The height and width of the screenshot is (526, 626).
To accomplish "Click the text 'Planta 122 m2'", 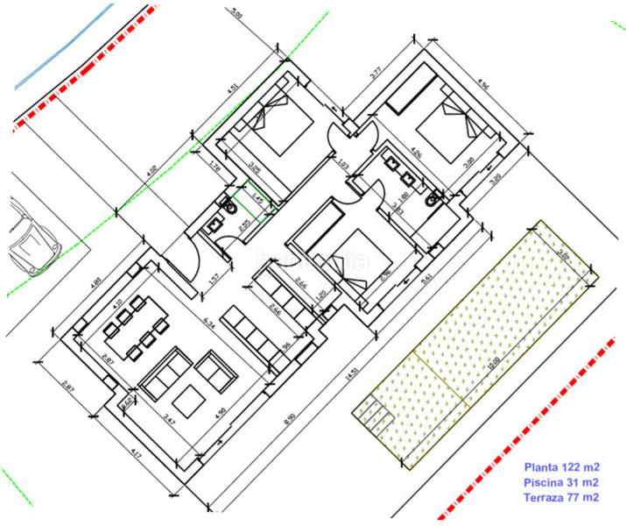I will tap(561, 467).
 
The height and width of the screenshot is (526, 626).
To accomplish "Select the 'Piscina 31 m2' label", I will tap(561, 482).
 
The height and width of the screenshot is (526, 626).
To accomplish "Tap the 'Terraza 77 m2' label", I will tap(561, 497).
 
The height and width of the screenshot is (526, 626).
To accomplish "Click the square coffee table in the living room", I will tap(188, 402).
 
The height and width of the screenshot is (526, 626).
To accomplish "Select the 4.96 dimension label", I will tap(483, 85).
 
